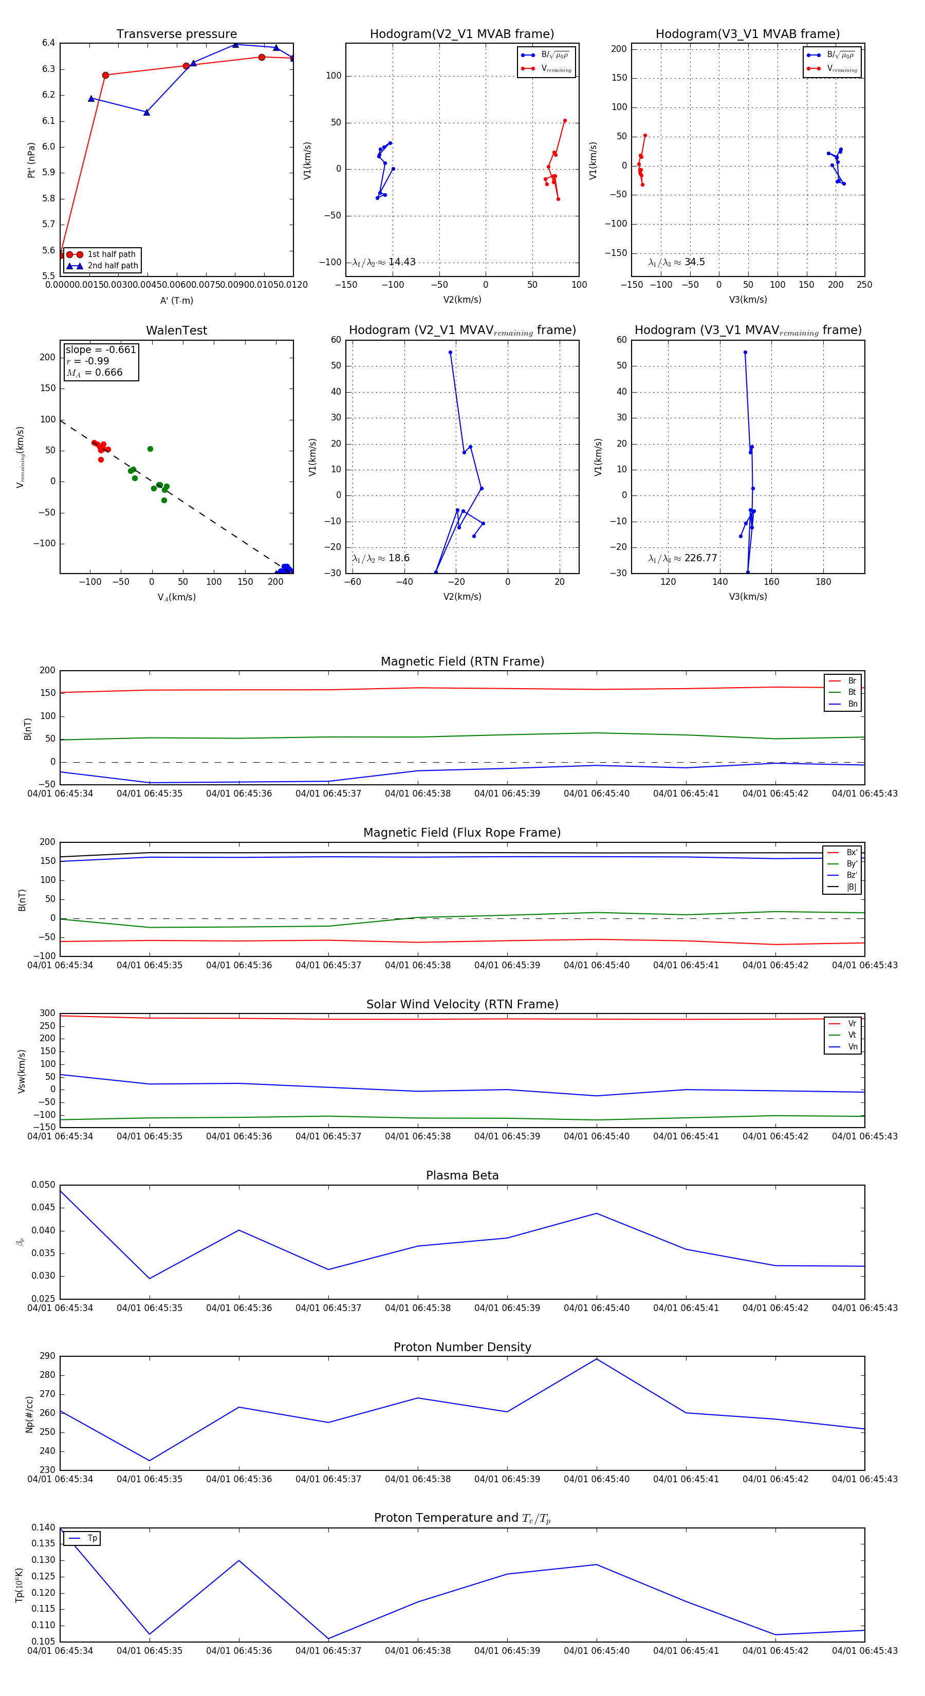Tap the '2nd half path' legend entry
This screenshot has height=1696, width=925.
[x=113, y=266]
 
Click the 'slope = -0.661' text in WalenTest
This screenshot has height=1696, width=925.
[x=101, y=349]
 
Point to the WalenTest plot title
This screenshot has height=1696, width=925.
[x=176, y=330]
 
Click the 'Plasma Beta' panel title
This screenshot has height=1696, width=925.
[x=462, y=1176]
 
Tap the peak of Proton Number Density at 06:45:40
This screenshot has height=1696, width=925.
[x=597, y=1359]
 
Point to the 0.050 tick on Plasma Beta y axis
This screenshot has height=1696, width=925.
[x=44, y=1185]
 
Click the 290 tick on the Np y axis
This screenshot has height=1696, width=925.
[x=47, y=1356]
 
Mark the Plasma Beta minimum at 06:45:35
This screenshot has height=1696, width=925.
[x=150, y=1279]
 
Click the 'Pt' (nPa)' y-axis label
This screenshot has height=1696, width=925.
[x=31, y=160]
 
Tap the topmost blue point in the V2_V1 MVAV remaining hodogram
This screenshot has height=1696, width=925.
[x=450, y=352]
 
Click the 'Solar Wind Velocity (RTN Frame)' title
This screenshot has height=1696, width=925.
[x=462, y=1004]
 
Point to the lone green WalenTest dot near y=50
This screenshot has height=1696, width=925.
[x=150, y=449]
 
